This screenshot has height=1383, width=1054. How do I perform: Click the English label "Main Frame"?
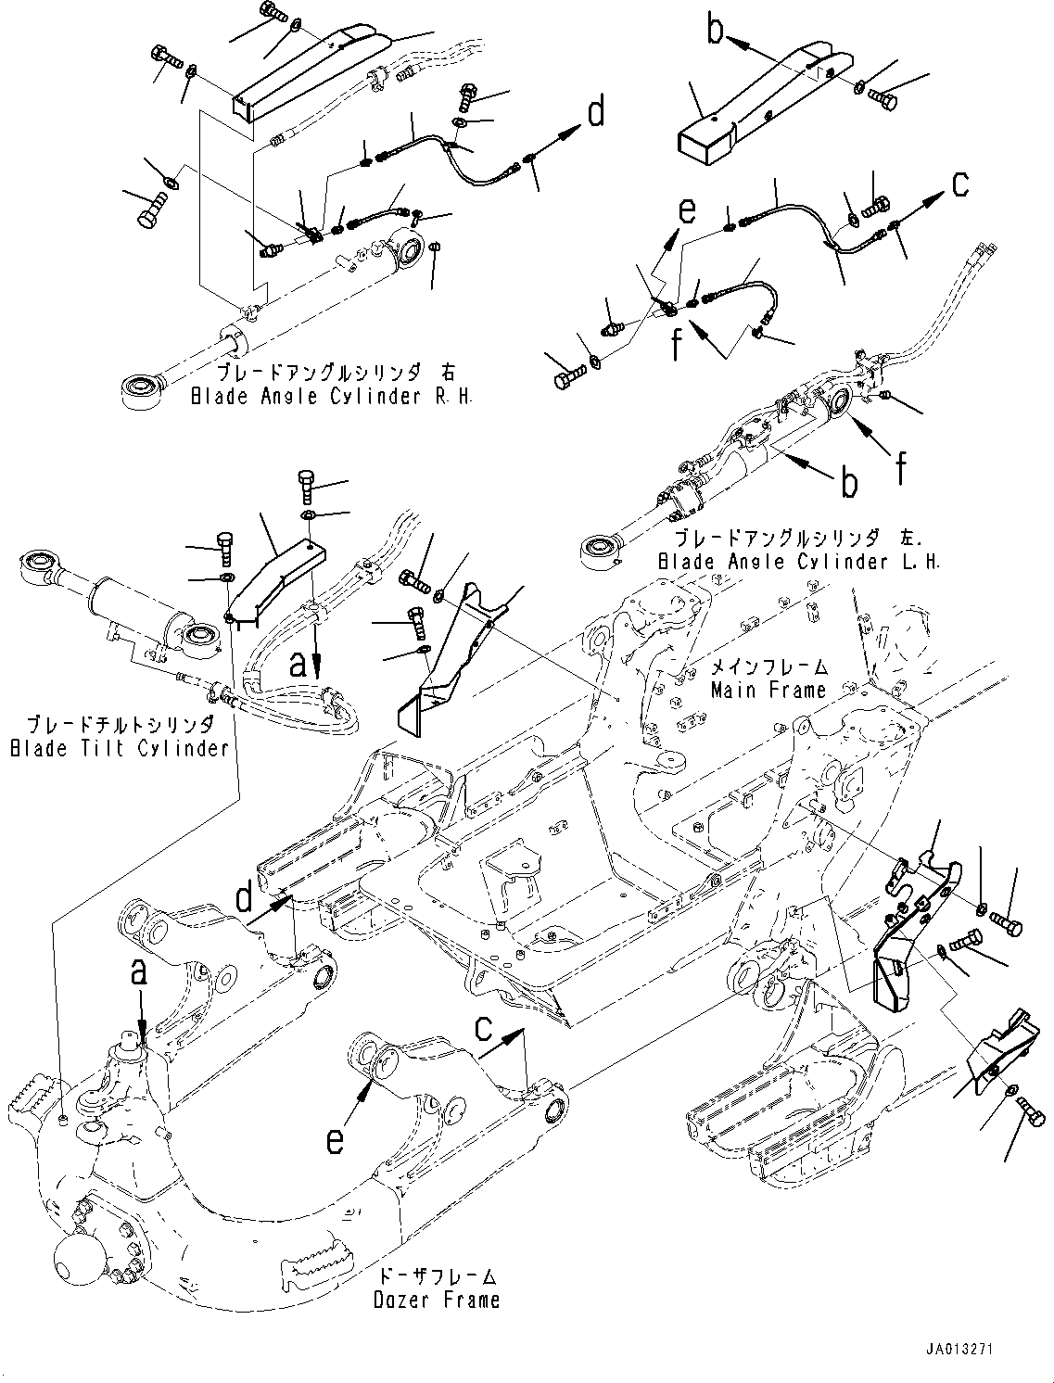[768, 690]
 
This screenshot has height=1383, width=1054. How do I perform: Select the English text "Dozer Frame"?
[436, 1300]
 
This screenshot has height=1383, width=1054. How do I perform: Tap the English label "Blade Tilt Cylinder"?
[119, 748]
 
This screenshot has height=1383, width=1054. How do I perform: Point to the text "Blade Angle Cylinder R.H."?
[332, 397]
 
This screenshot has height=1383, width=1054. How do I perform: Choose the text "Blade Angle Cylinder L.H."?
[799, 562]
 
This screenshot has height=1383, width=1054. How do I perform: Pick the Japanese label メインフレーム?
[768, 667]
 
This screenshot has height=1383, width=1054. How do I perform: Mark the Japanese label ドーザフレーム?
[438, 1277]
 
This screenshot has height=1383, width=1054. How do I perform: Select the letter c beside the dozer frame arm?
[484, 1027]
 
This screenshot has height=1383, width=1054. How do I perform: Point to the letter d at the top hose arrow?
[596, 113]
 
